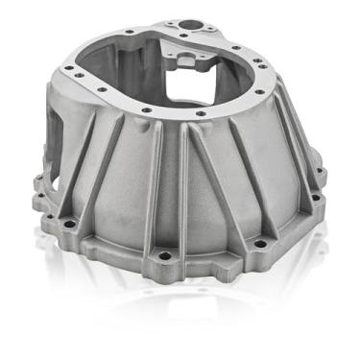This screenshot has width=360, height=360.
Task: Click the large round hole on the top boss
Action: pyautogui.click(x=179, y=18)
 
